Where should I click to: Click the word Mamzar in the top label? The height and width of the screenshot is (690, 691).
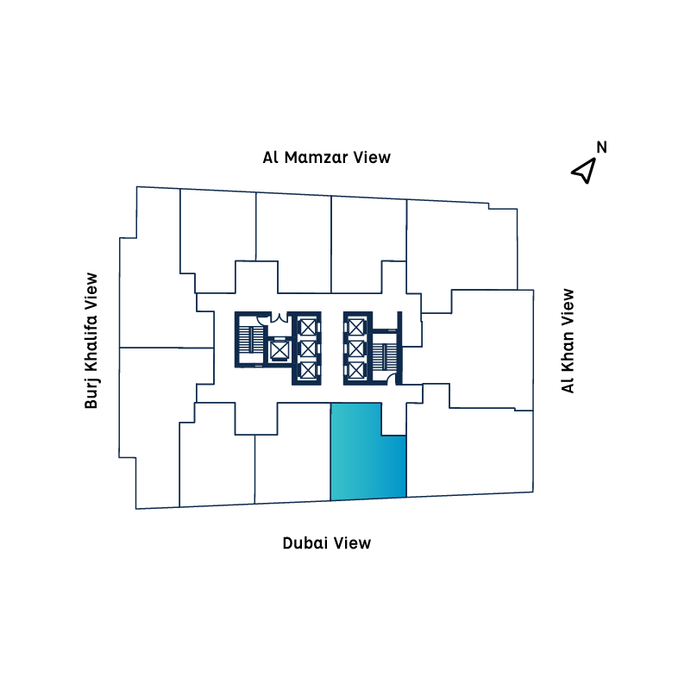click(x=317, y=157)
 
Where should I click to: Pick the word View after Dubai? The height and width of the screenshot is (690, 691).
click(x=352, y=543)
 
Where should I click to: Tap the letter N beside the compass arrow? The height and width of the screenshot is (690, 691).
click(x=601, y=147)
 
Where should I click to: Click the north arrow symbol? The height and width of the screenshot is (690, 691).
click(x=584, y=170)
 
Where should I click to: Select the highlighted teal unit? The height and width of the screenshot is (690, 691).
click(x=368, y=458)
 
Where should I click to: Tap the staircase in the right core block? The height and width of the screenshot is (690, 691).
click(x=385, y=356)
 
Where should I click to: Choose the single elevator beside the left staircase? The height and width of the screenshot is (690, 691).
click(x=279, y=350)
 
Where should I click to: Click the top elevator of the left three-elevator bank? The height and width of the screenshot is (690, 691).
click(x=308, y=328)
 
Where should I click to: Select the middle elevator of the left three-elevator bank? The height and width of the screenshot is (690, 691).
click(x=308, y=348)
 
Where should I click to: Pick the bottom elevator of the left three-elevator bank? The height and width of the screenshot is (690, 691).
click(x=308, y=370)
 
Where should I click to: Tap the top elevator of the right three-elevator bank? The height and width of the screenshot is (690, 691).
click(x=356, y=328)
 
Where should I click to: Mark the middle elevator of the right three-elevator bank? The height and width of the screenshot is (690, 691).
click(x=356, y=348)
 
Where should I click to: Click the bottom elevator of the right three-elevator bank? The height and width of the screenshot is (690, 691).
click(x=356, y=370)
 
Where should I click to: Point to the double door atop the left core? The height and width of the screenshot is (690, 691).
click(x=279, y=317)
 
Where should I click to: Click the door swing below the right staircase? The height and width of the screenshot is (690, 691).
click(x=391, y=379)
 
